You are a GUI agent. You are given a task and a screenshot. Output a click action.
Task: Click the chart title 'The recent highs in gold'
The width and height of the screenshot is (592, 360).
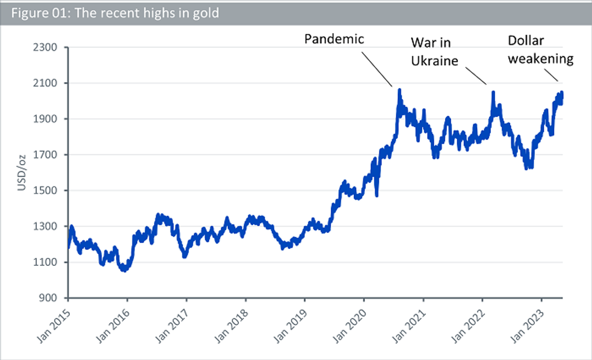(x=147, y=13)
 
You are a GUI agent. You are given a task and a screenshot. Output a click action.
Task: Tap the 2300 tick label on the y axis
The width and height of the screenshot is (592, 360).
(x=45, y=47)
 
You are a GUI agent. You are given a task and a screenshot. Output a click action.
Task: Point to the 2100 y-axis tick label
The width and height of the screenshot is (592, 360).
(x=45, y=83)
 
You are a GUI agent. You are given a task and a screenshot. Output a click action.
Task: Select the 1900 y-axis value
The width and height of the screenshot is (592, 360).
(x=45, y=119)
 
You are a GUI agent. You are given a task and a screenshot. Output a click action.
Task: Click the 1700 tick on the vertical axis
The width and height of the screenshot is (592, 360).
(x=45, y=155)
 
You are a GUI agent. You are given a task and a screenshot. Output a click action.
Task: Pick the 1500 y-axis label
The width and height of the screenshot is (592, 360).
(x=45, y=190)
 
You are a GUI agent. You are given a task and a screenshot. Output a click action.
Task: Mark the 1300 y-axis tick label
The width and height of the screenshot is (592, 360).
(x=45, y=226)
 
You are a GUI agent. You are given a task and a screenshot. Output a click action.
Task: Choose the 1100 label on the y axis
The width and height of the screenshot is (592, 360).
(x=45, y=262)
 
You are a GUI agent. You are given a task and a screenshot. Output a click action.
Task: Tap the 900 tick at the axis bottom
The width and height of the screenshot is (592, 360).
(x=48, y=298)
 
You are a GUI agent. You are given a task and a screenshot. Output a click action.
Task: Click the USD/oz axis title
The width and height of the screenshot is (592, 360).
(x=22, y=173)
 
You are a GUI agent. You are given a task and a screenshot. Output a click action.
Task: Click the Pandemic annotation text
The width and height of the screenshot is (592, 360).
(x=334, y=39)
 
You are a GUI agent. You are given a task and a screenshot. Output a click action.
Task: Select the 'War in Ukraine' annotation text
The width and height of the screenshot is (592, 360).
(x=435, y=52)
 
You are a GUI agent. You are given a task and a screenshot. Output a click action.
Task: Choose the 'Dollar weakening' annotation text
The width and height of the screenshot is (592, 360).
(x=541, y=50)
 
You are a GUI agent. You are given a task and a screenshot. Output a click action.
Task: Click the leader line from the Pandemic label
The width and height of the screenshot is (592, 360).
(x=377, y=69)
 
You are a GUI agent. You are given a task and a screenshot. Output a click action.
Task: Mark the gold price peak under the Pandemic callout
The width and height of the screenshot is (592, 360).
(x=399, y=90)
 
